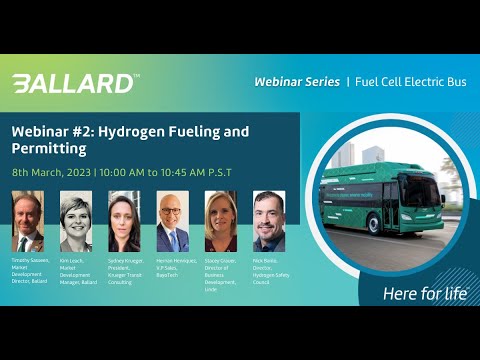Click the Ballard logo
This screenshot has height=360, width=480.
pyautogui.click(x=75, y=83)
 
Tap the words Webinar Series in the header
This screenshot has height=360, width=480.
pyautogui.click(x=296, y=79)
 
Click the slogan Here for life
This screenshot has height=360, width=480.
pyautogui.click(x=424, y=293)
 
